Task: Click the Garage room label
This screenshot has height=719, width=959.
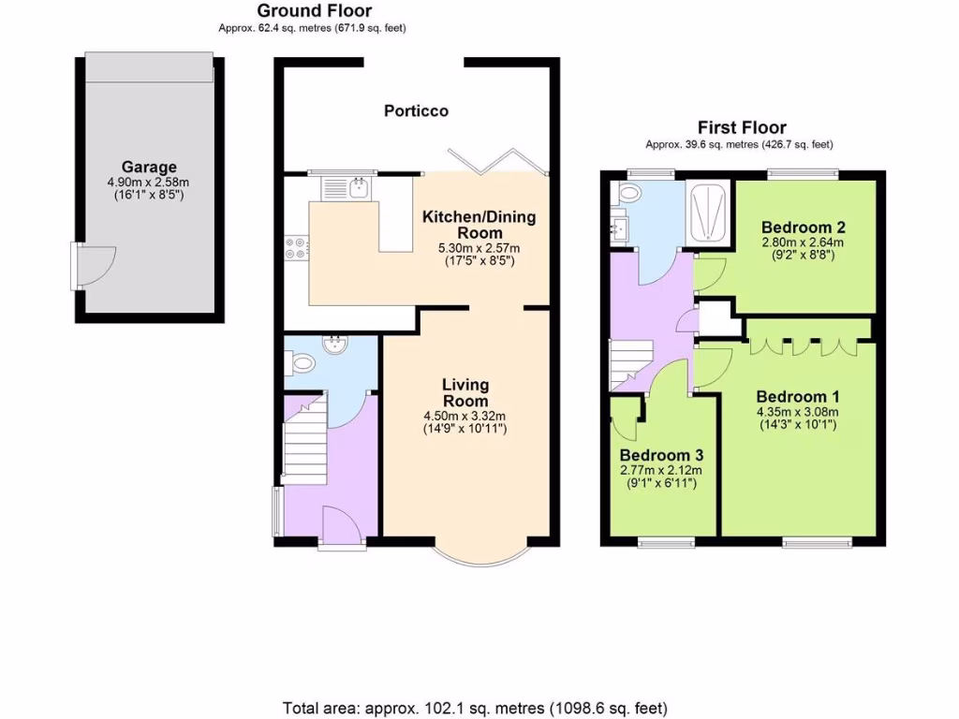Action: [148, 168]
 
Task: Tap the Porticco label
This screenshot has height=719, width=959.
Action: [416, 110]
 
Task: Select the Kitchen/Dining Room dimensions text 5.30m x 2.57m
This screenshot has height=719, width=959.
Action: [479, 248]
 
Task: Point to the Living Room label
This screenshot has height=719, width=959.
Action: [465, 393]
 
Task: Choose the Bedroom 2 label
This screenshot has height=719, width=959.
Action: [804, 227]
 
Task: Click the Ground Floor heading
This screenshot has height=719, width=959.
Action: [314, 11]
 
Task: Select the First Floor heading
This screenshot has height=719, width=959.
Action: [742, 127]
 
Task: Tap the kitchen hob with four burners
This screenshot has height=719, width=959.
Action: [295, 247]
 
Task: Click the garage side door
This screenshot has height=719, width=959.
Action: [94, 267]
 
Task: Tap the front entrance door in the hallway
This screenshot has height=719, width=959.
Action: [336, 524]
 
